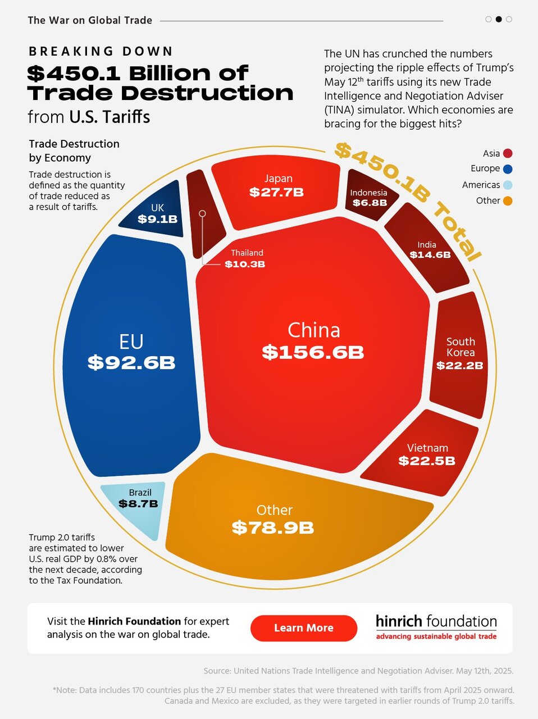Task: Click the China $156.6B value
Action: tap(313, 352)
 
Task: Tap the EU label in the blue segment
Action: tap(131, 342)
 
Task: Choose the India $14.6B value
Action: tap(430, 254)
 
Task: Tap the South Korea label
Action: tap(461, 347)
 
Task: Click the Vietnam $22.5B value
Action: tap(427, 461)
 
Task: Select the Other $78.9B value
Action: tap(273, 527)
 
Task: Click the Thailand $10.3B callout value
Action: tap(245, 264)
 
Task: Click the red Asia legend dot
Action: tap(508, 153)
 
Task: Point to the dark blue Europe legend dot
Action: tap(508, 169)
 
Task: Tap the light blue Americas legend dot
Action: tap(508, 185)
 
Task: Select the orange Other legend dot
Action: tap(508, 201)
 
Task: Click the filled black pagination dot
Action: tap(499, 20)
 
